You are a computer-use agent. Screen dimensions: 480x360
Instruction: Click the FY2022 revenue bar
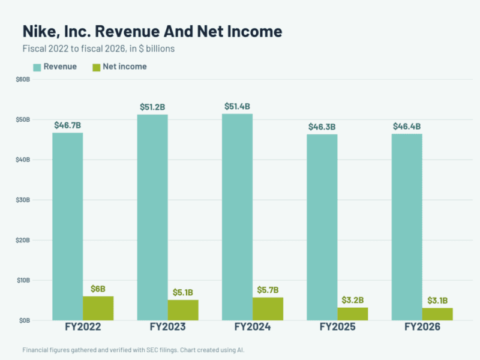68,227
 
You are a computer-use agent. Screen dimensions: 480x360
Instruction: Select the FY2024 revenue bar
237,217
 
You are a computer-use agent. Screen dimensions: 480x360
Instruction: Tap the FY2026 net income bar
437,314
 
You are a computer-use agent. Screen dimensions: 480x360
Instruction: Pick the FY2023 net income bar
183,310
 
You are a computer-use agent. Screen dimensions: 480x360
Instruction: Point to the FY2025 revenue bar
322,227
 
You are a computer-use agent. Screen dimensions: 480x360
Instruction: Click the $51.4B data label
237,107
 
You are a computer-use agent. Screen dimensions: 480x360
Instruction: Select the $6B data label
98,289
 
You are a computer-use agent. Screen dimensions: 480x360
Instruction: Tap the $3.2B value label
353,300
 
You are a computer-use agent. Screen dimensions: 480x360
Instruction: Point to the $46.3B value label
322,127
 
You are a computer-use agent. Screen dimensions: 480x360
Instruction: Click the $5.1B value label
183,292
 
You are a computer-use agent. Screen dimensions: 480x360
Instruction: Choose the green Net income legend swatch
97,67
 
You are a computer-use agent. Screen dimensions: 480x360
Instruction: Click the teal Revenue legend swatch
37,67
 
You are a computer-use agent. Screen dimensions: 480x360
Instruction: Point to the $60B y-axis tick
23,80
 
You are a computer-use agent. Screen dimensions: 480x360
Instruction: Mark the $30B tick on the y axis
23,200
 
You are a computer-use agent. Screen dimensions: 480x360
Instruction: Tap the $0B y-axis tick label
25,320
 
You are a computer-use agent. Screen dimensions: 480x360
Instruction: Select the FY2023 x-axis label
168,327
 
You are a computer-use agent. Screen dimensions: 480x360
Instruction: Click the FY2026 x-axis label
422,327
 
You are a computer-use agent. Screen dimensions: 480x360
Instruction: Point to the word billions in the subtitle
160,49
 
